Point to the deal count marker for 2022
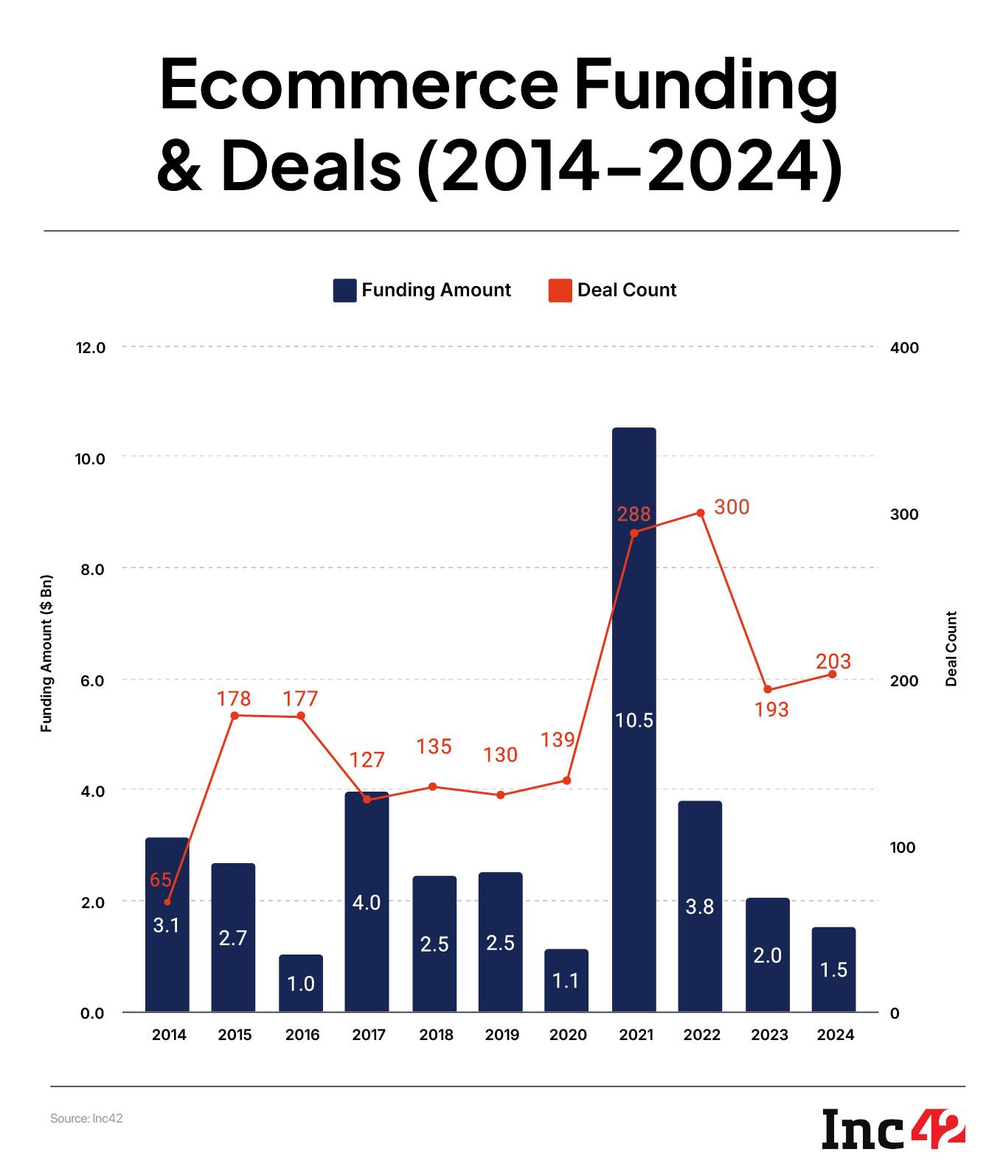(x=701, y=513)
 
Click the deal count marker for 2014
(x=167, y=901)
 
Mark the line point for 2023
(x=767, y=689)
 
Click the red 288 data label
(x=634, y=514)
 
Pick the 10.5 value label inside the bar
(x=634, y=720)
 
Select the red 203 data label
(x=833, y=661)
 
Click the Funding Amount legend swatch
(x=344, y=290)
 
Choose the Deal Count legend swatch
(x=560, y=290)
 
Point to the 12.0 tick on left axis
(x=91, y=347)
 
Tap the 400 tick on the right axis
(x=904, y=348)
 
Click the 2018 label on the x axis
(x=436, y=1035)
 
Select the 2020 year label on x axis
(x=568, y=1035)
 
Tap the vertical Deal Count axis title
(x=951, y=649)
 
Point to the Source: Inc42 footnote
(x=86, y=1119)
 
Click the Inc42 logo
(x=893, y=1127)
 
